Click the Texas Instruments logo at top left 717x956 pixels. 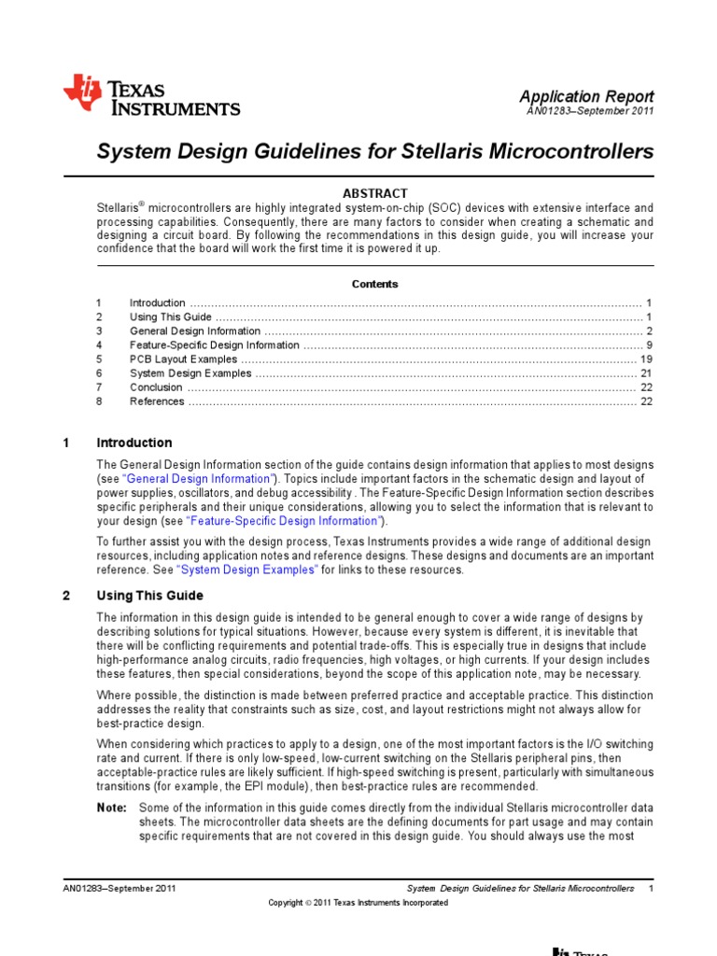[x=151, y=96]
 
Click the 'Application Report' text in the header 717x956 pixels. [x=586, y=96]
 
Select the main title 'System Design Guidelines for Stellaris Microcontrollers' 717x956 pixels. [x=375, y=151]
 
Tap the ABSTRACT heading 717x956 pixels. [x=375, y=193]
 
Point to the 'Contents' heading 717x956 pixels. [x=375, y=284]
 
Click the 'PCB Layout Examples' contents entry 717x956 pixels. [x=183, y=359]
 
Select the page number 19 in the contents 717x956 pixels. [x=646, y=359]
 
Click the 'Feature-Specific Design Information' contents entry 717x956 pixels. [x=215, y=345]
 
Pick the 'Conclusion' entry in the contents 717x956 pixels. [x=156, y=387]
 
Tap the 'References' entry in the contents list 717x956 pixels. [x=157, y=401]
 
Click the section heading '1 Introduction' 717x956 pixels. [x=134, y=443]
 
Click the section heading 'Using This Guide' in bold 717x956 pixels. [x=150, y=596]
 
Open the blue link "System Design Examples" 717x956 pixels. [x=246, y=569]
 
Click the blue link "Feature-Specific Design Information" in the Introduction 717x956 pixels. [x=284, y=520]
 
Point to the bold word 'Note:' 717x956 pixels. [x=111, y=807]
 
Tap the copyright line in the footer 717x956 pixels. [x=358, y=903]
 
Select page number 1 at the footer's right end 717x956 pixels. [x=650, y=888]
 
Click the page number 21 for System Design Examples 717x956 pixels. [x=646, y=373]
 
